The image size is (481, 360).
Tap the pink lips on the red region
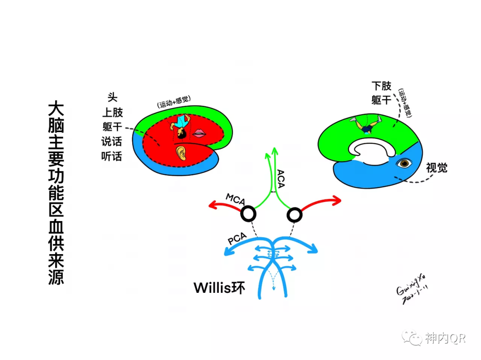click(200, 133)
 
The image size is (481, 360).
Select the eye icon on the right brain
click(405, 163)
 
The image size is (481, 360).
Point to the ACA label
click(281, 178)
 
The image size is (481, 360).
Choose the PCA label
click(237, 239)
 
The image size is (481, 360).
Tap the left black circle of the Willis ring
click(248, 214)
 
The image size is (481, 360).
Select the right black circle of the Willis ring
click(294, 215)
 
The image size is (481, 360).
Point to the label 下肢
click(381, 86)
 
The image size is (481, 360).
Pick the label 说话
click(111, 142)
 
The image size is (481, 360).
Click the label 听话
click(111, 157)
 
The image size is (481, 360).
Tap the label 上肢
click(112, 112)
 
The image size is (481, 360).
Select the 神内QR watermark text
click(445, 339)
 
